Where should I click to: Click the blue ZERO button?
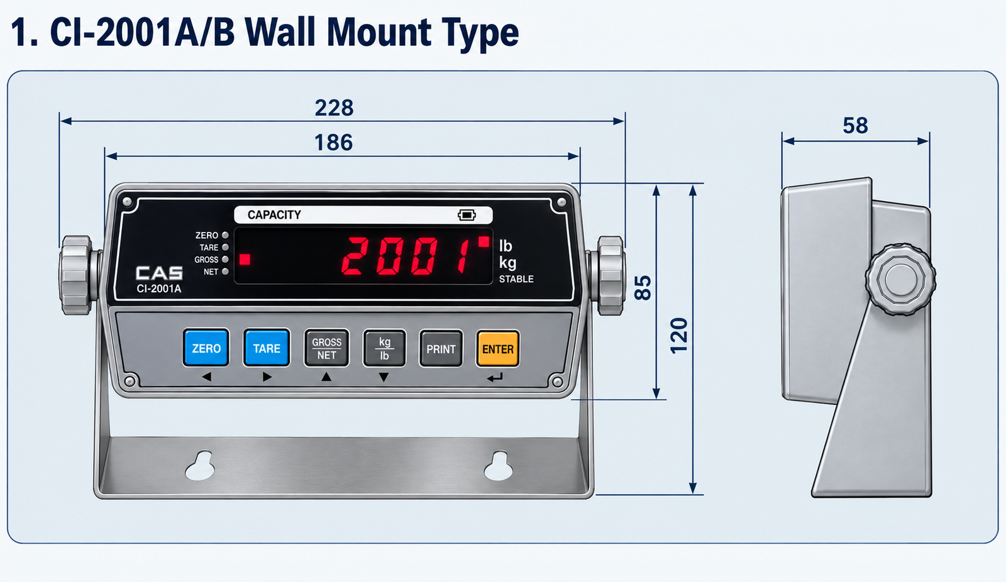(x=206, y=348)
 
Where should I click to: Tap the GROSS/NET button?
(x=326, y=348)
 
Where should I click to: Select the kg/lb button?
(x=384, y=348)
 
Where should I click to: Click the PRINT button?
(x=441, y=348)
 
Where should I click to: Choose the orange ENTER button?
(x=497, y=348)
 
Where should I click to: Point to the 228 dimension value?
(x=334, y=107)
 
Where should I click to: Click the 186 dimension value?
(x=334, y=143)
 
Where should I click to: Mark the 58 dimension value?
(x=855, y=126)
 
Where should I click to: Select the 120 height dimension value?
(x=679, y=336)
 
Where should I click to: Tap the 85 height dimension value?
(x=643, y=288)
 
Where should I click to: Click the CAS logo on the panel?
(x=160, y=273)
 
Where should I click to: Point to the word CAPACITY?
(x=274, y=215)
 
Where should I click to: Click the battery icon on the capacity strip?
(x=467, y=215)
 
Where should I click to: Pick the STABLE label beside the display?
(x=516, y=279)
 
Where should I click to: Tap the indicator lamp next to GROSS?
(x=226, y=259)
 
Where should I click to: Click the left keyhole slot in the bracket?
(x=201, y=466)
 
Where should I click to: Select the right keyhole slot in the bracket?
(x=498, y=466)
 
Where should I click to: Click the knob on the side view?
(x=900, y=279)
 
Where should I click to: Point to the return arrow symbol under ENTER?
(x=495, y=378)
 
